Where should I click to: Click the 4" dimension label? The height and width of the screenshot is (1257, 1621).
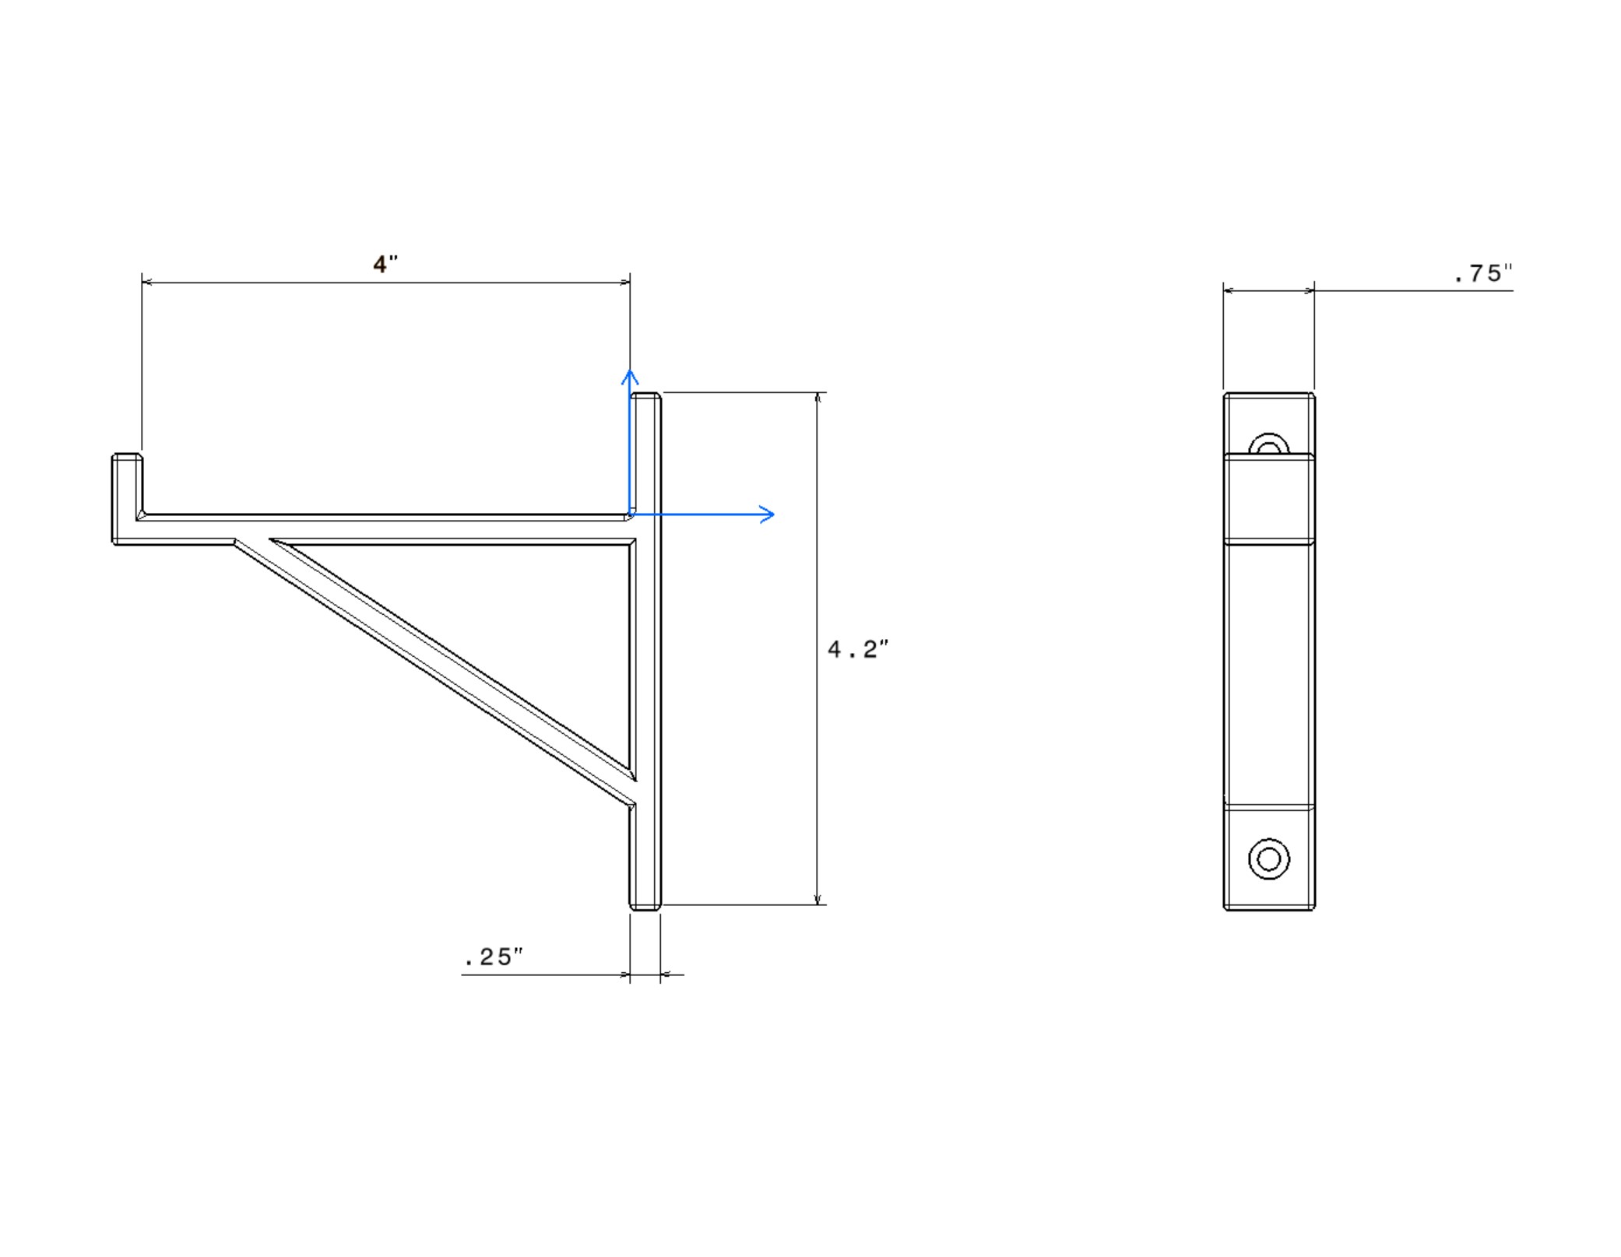pos(385,265)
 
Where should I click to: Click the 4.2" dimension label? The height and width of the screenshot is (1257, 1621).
pos(857,649)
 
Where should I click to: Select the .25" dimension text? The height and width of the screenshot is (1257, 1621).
pos(493,957)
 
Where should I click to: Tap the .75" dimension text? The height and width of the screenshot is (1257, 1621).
pos(1482,274)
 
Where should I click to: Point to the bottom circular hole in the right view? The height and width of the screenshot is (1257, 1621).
pos(1268,858)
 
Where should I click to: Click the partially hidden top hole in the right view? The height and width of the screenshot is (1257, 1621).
pos(1268,444)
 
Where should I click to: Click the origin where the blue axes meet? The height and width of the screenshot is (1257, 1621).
pos(630,514)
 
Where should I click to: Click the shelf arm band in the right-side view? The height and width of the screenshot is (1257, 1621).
pos(1268,498)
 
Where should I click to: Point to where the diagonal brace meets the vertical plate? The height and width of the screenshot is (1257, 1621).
pos(633,790)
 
